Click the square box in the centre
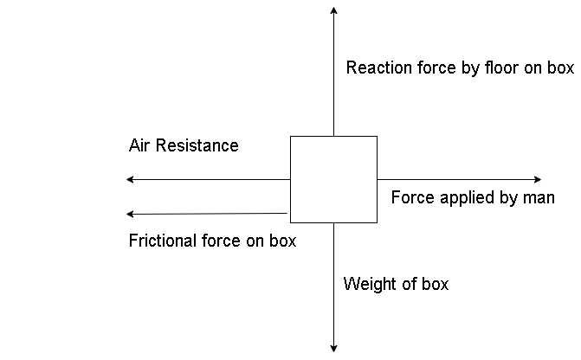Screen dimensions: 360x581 point(333,179)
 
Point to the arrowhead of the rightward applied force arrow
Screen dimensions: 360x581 point(537,179)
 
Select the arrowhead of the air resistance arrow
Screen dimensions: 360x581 point(130,179)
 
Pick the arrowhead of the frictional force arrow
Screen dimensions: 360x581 point(130,214)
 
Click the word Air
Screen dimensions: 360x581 point(139,145)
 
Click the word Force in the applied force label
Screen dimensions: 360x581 point(411,197)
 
